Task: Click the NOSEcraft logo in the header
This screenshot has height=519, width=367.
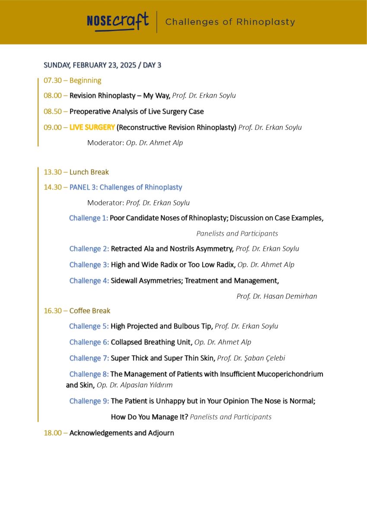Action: point(118,22)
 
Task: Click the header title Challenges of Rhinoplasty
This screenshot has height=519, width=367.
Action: point(230,22)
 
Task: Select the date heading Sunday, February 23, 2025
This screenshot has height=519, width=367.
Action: point(102,65)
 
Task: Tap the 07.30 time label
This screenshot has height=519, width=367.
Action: point(53,80)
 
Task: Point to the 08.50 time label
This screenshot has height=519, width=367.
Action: point(53,112)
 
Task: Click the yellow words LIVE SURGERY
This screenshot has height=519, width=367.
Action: point(92,127)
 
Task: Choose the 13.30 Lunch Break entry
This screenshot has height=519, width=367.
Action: point(76,172)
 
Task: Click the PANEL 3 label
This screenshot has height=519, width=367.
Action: point(83,187)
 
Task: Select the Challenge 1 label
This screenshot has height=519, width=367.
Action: point(89,218)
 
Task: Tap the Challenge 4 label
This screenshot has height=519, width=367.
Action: point(89,281)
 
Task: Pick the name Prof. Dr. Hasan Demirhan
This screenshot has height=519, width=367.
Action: point(277,296)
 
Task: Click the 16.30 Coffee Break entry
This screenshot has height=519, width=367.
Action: point(77,311)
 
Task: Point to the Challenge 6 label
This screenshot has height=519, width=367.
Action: point(89,342)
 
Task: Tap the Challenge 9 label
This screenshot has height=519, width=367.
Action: point(89,401)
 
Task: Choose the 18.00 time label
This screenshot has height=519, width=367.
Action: point(53,432)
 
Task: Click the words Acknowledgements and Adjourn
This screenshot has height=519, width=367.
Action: point(121,432)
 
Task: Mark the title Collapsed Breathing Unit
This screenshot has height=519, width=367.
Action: point(151,342)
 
